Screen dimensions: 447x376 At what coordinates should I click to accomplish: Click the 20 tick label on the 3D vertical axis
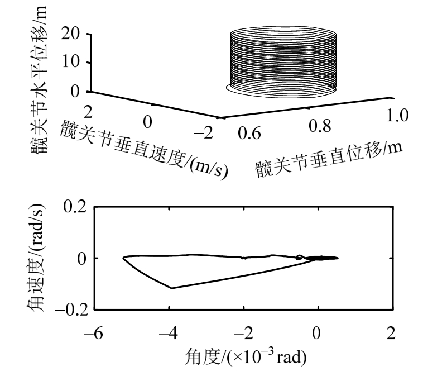pos(70,34)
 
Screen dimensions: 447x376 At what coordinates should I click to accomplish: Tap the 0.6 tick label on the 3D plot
pos(249,134)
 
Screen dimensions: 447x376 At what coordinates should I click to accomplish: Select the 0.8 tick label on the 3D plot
pos(320,126)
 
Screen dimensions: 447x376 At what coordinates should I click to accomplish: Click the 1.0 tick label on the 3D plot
pos(397,115)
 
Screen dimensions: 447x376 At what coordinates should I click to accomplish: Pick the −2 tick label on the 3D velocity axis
pos(204,133)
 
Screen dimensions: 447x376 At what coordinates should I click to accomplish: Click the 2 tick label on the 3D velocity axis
pos(88,112)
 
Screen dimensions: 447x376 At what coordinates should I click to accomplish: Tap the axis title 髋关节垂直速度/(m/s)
pos(144,149)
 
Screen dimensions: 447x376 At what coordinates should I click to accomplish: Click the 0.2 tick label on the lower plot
pos(75,206)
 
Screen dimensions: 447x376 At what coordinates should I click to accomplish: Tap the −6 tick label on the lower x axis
pos(94,333)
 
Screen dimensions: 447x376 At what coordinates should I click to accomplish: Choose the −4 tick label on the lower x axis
pos(168,333)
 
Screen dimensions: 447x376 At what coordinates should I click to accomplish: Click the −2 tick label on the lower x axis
pos(243,333)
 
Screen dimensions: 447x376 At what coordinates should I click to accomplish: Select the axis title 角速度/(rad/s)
pos(36,258)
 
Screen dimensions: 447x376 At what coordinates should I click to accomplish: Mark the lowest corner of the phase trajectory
pos(172,288)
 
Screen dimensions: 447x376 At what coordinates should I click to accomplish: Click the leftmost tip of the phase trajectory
pos(123,258)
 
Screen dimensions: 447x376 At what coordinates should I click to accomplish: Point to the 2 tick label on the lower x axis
pos(391,333)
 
